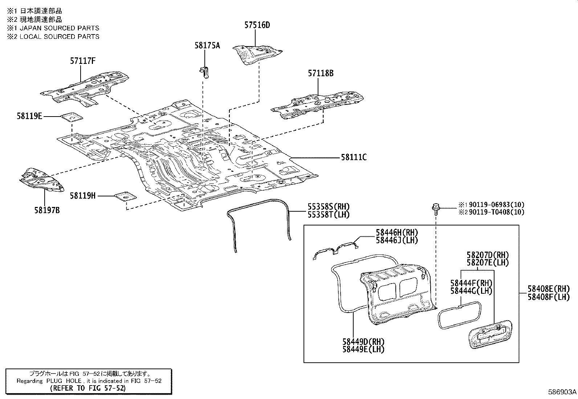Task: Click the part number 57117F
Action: coord(82,61)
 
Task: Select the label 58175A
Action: coord(207,45)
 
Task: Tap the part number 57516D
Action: coord(257,25)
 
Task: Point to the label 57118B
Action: coord(321,73)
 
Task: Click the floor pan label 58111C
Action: coord(353,157)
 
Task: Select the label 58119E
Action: coord(29,116)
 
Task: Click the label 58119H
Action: coord(83,196)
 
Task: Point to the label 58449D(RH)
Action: coord(363,342)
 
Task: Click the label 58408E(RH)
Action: coord(549,289)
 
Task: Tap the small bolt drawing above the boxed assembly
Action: coord(435,208)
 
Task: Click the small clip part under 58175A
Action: coord(205,71)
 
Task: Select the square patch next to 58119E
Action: coord(71,117)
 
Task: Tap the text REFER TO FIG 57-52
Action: coord(89,388)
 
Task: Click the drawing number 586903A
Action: coord(562,392)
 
